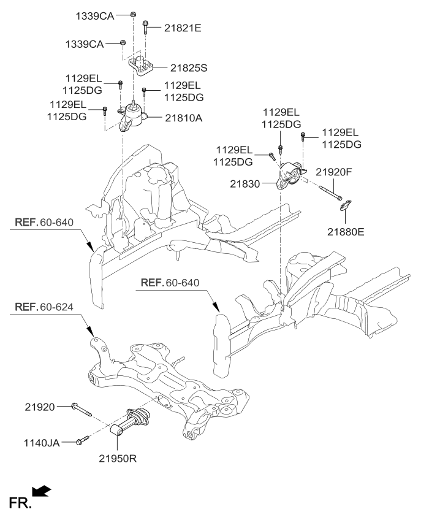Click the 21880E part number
[344, 232]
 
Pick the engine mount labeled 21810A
[134, 117]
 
